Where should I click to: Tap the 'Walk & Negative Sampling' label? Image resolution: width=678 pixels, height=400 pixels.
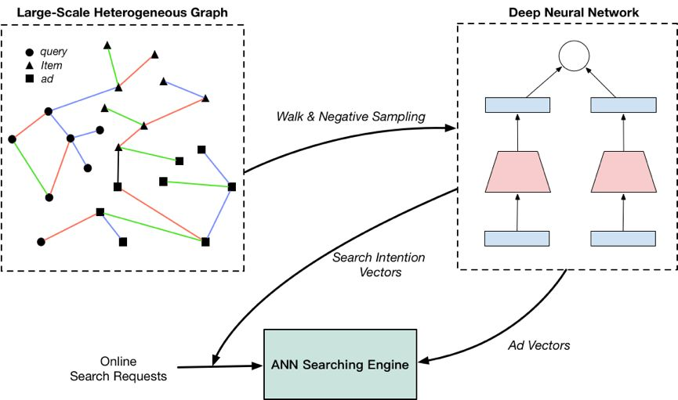(x=350, y=117)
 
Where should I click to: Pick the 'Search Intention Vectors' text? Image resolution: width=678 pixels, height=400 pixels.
(x=367, y=264)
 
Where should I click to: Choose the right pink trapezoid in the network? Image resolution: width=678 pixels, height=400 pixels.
(x=622, y=171)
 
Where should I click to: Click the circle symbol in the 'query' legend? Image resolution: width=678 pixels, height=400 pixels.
(x=28, y=52)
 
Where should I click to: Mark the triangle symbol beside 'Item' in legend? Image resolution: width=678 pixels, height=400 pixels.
(x=28, y=66)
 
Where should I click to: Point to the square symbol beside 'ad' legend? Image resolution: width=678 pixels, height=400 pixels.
(x=28, y=79)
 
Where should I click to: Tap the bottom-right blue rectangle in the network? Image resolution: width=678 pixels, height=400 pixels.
(x=622, y=239)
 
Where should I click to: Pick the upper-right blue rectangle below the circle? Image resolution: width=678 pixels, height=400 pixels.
(x=622, y=105)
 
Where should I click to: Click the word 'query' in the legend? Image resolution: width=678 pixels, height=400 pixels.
(x=53, y=52)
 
